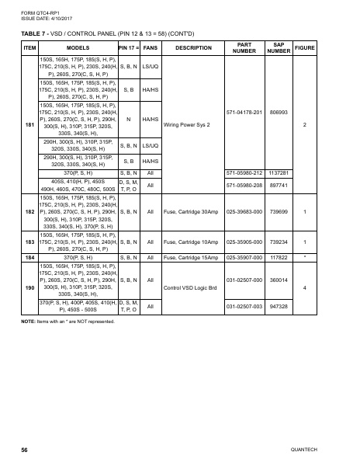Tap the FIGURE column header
(x=305, y=47)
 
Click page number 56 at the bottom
(x=26, y=449)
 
